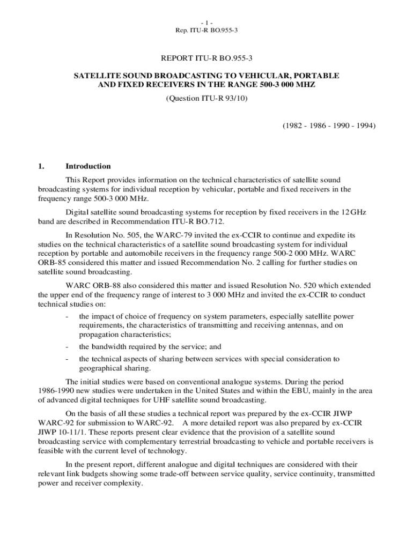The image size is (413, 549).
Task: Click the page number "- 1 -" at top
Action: point(206,23)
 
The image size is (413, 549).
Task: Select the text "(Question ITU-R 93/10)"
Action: point(206,99)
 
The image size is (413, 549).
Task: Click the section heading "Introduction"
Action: point(88,166)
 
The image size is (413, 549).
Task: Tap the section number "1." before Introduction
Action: point(41,166)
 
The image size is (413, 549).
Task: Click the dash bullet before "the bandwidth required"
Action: point(66,346)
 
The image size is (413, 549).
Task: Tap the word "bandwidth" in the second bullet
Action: point(109,346)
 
